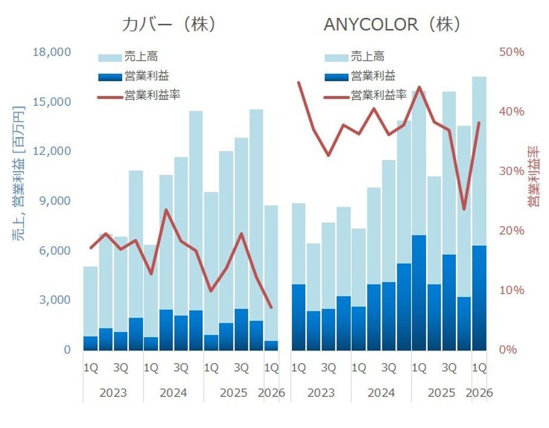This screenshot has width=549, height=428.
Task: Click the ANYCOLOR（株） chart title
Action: (x=392, y=24)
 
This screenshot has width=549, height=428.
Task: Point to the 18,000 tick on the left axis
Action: (x=52, y=52)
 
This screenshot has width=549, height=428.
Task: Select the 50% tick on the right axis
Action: (x=511, y=52)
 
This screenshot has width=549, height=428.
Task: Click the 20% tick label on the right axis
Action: (x=511, y=230)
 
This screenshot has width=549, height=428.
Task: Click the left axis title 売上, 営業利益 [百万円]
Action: (x=18, y=173)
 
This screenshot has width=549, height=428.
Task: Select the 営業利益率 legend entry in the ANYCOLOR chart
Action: (x=365, y=95)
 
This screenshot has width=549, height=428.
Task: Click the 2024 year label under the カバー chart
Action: (x=173, y=393)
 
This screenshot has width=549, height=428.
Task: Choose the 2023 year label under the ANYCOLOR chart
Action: (x=321, y=393)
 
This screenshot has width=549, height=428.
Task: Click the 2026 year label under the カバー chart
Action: (x=272, y=393)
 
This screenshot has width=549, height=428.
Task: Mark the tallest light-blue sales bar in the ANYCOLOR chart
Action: (x=479, y=161)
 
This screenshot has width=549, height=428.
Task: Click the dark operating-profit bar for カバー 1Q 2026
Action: (x=271, y=345)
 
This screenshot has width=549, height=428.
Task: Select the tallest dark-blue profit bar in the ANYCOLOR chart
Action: (x=419, y=292)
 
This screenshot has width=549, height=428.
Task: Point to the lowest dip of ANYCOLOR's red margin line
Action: (x=464, y=210)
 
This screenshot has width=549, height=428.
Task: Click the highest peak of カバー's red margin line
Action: (x=166, y=210)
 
